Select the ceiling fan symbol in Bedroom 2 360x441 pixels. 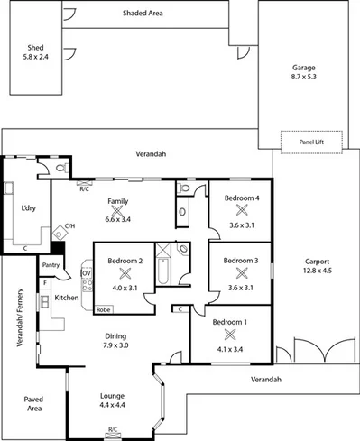[126, 272]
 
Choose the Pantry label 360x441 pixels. [51, 265]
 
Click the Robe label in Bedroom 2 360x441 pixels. [103, 308]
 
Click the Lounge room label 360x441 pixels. [113, 395]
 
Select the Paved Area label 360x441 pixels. [33, 403]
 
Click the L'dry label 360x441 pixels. [28, 207]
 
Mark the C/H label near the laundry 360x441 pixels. [69, 226]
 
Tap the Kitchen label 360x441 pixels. [67, 297]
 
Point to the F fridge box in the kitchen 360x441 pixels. [44, 283]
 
